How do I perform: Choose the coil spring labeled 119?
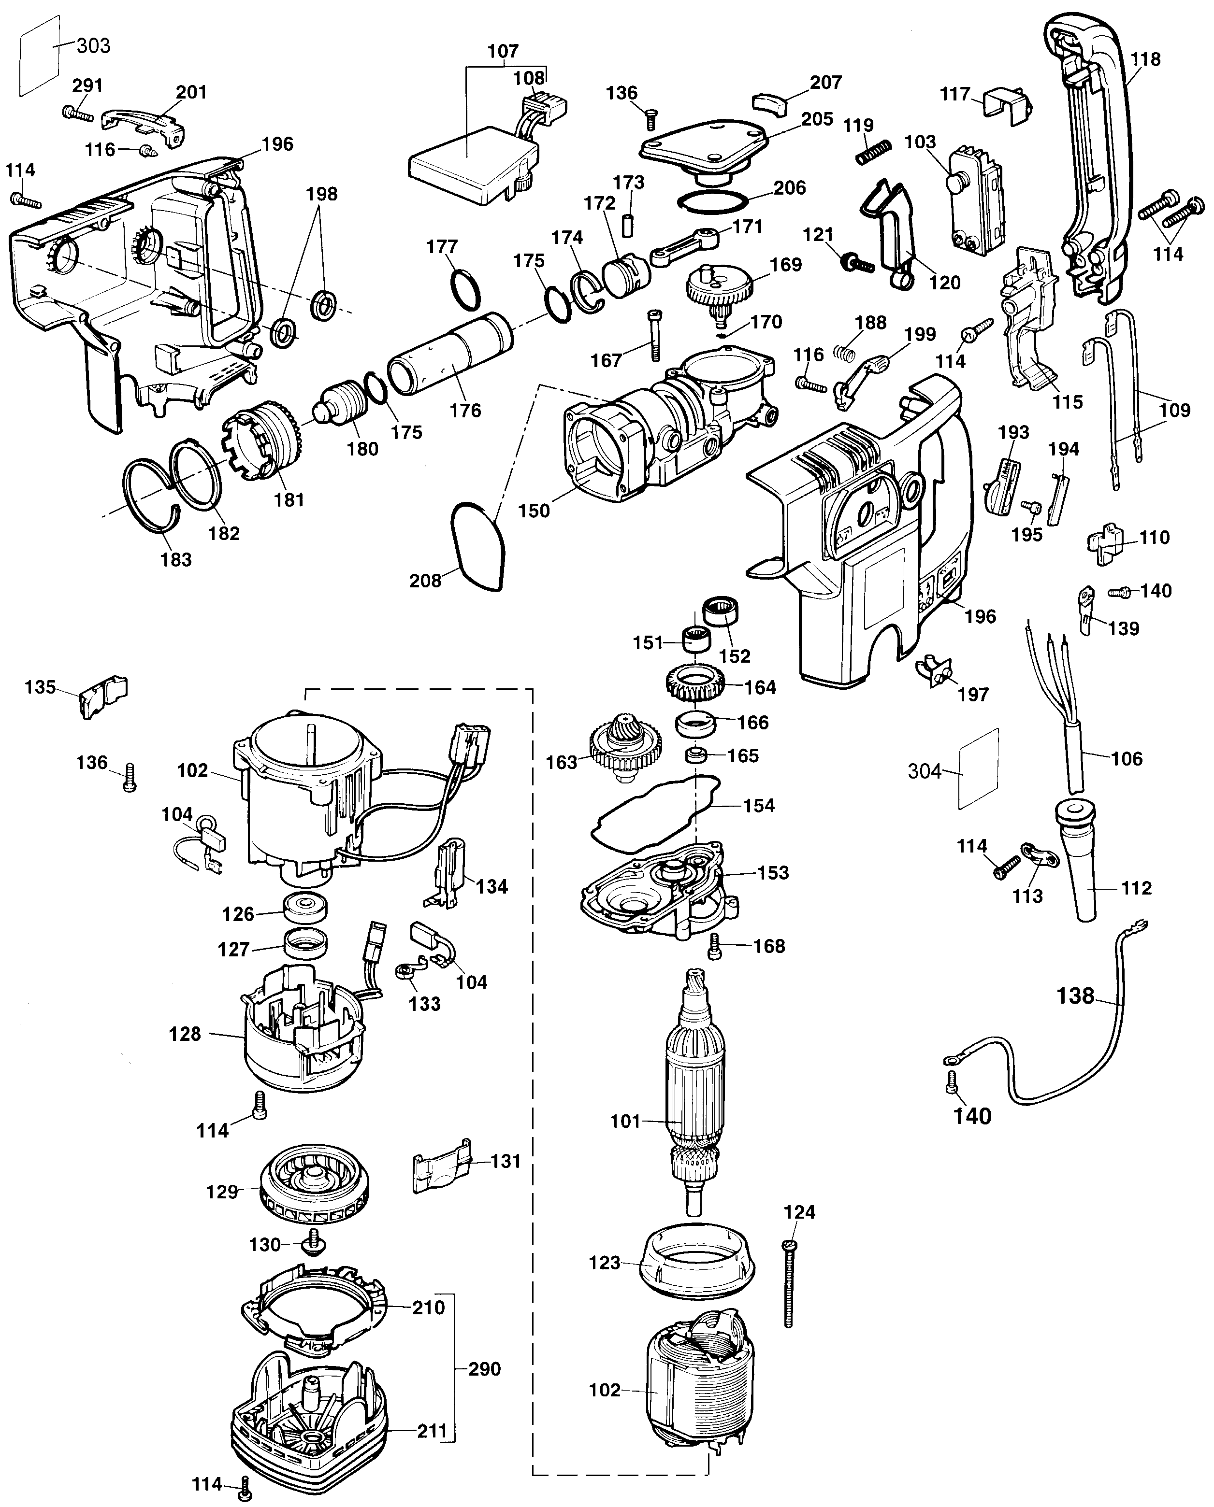pos(874,152)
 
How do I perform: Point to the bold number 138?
pos(1075,995)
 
